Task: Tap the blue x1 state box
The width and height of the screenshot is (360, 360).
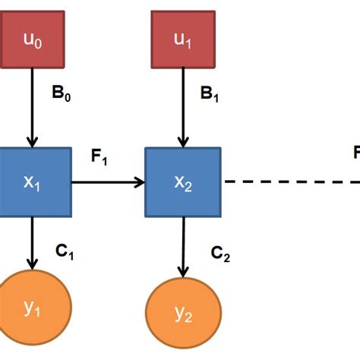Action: (33, 182)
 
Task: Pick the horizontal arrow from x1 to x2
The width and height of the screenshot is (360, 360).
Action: (106, 182)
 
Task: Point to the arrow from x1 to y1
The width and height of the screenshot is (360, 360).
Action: (33, 243)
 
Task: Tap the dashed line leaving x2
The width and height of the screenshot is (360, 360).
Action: (289, 182)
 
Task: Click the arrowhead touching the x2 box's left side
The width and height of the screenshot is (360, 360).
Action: (140, 182)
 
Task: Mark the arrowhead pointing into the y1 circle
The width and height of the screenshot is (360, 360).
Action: (33, 265)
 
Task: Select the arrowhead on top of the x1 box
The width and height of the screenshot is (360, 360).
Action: (33, 142)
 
